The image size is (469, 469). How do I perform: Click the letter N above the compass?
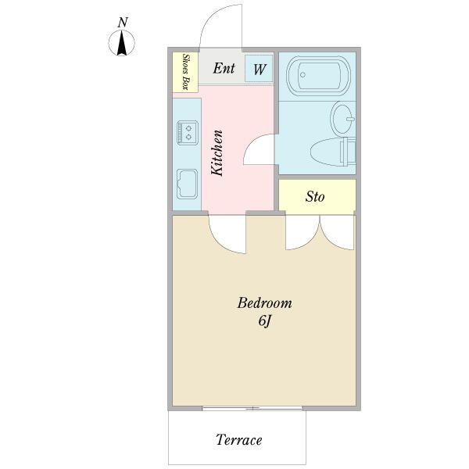(x=123, y=23)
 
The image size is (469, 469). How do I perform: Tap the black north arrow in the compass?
(x=122, y=44)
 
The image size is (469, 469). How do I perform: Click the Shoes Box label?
(x=185, y=72)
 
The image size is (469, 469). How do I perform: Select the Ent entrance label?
(x=224, y=68)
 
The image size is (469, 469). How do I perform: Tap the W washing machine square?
(x=259, y=69)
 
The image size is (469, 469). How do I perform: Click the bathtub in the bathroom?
(x=318, y=76)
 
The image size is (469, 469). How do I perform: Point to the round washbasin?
(x=343, y=119)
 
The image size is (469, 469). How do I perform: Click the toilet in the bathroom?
(x=333, y=152)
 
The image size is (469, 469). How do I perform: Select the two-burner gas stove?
(x=188, y=133)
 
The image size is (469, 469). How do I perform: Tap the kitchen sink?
(x=188, y=184)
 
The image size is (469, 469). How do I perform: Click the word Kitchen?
(x=217, y=153)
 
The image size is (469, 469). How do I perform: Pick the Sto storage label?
(x=315, y=197)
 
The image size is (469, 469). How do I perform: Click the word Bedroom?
(x=264, y=303)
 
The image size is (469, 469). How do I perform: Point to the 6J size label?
(x=265, y=321)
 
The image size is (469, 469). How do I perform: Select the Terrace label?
(x=238, y=439)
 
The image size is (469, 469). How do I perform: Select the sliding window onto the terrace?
(x=252, y=408)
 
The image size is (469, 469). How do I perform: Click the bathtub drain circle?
(x=303, y=75)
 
